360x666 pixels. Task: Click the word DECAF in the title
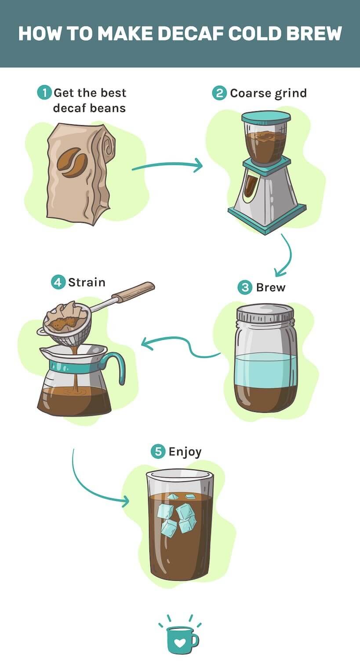191,33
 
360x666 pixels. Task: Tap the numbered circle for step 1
44,93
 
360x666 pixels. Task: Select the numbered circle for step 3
245,288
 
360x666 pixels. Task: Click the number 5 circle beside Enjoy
158,451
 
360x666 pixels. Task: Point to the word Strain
87,282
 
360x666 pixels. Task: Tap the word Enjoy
185,452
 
